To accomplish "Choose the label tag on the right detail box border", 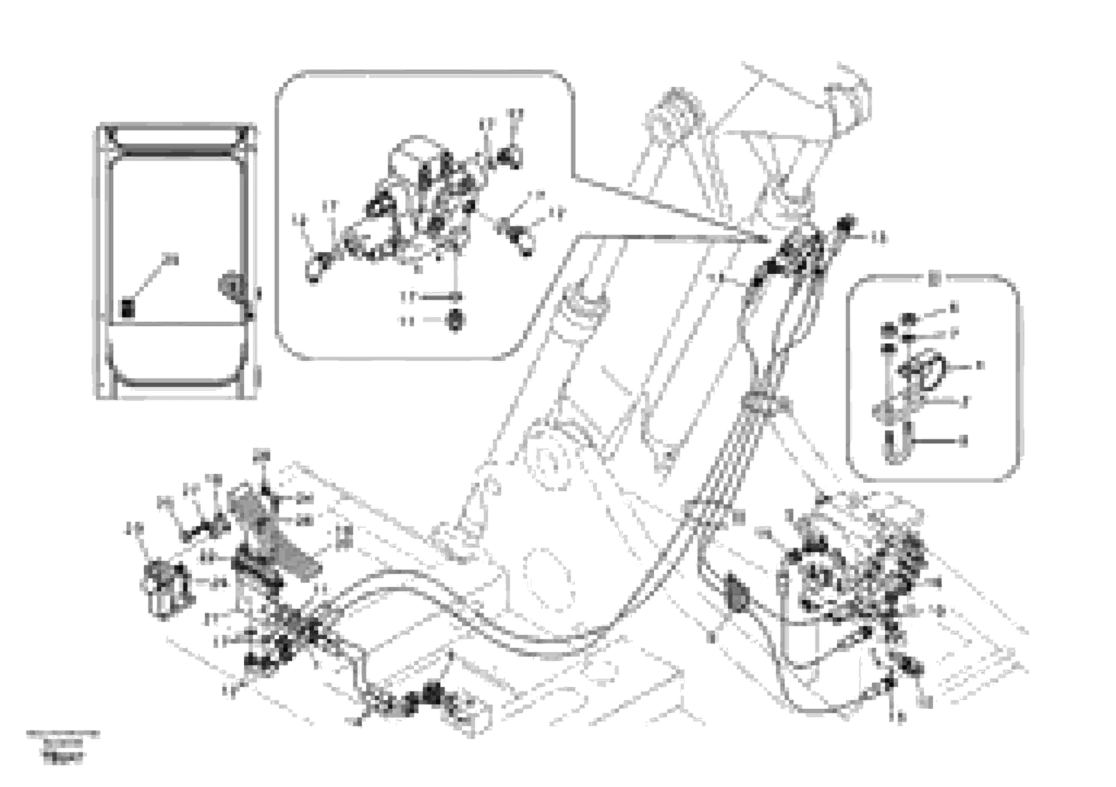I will coord(933,279).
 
